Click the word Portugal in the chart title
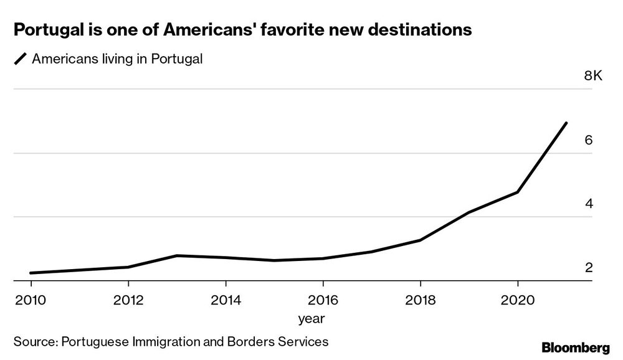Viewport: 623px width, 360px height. [46, 29]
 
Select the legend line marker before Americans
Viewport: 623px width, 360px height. [19, 60]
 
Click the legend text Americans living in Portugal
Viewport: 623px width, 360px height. [118, 59]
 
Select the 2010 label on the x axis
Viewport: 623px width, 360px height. [31, 300]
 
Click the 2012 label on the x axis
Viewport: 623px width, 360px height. [128, 300]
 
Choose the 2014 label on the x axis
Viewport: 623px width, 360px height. [226, 300]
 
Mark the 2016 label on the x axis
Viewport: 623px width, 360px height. [323, 300]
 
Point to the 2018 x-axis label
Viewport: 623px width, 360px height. [420, 300]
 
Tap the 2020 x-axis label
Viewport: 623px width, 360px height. [517, 300]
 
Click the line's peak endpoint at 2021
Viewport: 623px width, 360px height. [566, 123]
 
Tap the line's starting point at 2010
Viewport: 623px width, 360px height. [31, 273]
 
